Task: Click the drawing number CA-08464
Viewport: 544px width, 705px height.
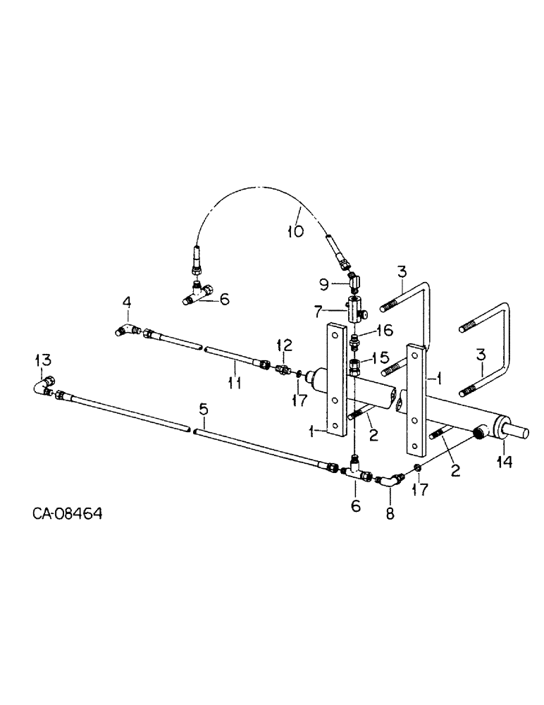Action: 67,514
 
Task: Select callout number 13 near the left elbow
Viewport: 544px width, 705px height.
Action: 42,361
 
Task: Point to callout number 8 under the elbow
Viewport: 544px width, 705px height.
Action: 390,515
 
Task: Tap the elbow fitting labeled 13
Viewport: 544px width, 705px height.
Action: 45,384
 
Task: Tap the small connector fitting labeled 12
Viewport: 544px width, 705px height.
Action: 283,369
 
